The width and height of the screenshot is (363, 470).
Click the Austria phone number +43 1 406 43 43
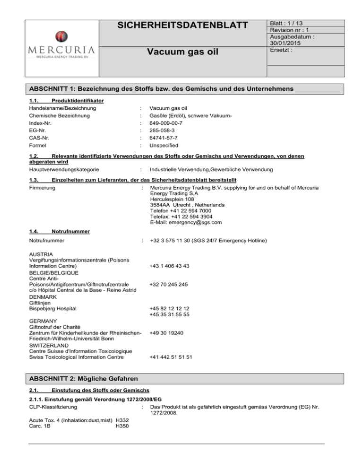click(169, 266)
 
